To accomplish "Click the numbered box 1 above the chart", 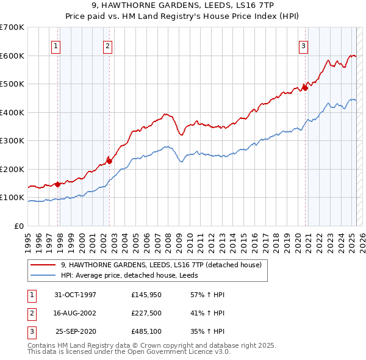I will pos(56,45).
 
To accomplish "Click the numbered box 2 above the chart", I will pos(107,45).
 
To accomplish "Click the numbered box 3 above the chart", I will pos(303,45).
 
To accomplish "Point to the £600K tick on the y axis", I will pos(12,56).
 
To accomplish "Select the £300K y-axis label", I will pos(12,141).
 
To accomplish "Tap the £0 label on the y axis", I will pos(19,226).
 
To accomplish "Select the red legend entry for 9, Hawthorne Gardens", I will pos(161,265).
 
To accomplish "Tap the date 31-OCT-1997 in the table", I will pos(76,295).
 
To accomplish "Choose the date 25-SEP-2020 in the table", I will pos(76,332).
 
